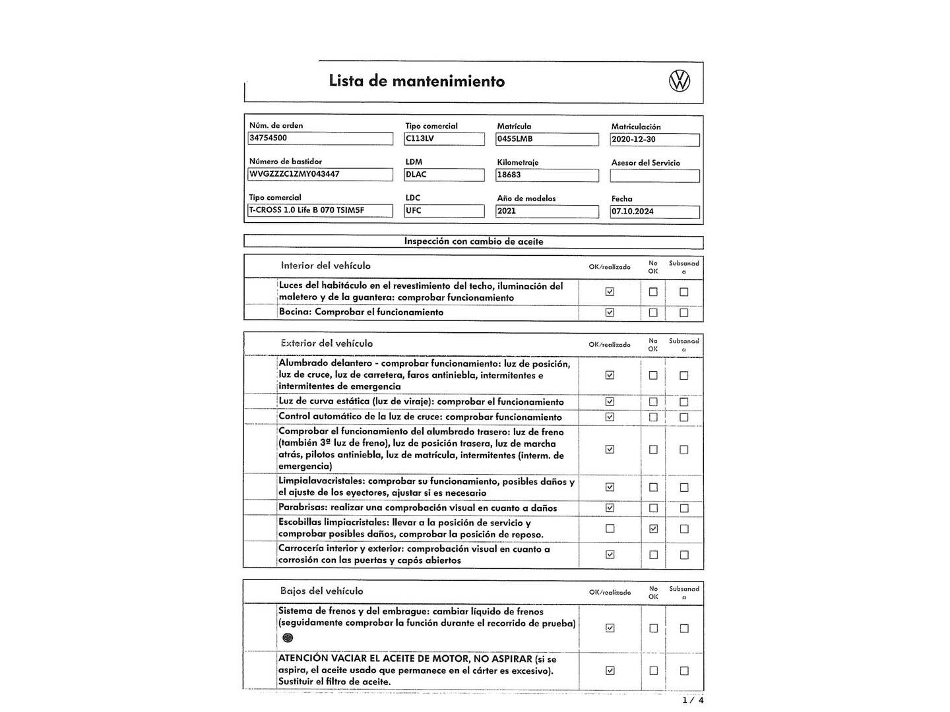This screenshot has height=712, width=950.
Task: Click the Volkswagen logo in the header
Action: point(680,81)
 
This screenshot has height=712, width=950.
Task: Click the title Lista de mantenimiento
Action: point(416,81)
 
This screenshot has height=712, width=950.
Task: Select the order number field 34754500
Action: point(321,138)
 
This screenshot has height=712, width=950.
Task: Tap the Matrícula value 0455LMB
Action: point(547,139)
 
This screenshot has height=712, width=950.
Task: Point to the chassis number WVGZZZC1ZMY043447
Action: point(321,175)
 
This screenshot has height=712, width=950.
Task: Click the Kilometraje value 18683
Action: point(547,175)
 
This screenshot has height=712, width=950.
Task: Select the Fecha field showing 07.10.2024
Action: point(654,212)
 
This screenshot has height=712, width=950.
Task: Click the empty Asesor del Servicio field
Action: point(654,176)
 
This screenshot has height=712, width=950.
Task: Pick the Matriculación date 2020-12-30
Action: point(654,140)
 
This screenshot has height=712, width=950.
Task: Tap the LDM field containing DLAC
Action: point(444,175)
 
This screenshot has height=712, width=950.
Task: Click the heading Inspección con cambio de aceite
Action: point(474,242)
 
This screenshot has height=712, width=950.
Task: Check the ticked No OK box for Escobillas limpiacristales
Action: point(653,529)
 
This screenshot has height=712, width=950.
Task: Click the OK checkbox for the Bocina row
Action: point(610,312)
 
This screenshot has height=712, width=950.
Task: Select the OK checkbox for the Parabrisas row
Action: point(610,508)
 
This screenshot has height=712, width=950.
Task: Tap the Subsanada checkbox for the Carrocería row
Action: point(683,555)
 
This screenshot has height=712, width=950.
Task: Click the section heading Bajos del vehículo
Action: point(321,591)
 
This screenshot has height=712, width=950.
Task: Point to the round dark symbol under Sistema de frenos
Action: point(287,638)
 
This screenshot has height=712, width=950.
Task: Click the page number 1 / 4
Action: point(692,700)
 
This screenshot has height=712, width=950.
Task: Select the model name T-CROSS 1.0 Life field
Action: point(321,211)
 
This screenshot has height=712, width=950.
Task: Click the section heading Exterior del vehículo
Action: point(327,343)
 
